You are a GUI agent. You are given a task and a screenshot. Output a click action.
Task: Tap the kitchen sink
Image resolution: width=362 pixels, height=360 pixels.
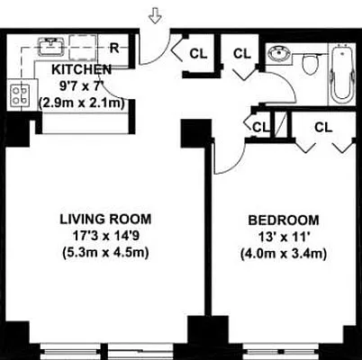(x=50, y=45)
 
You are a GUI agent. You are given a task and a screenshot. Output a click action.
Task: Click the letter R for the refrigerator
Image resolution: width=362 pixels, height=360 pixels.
(x=115, y=48)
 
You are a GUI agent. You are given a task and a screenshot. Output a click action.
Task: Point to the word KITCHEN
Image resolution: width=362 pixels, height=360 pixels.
(x=81, y=69)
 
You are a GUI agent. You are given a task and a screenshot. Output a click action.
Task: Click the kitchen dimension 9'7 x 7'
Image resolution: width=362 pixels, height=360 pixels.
(x=81, y=85)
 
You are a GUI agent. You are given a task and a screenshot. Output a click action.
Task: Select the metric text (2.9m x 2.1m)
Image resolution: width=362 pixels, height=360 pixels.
(x=81, y=103)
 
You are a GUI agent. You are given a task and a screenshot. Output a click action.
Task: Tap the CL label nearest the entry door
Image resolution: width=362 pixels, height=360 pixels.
(x=198, y=53)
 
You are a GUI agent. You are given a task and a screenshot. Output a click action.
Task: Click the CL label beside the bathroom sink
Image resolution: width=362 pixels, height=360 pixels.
(x=241, y=53)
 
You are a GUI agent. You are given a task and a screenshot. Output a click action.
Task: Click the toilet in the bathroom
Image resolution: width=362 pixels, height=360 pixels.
(x=311, y=64)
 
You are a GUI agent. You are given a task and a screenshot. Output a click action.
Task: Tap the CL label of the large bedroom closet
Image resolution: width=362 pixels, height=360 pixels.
(x=322, y=127)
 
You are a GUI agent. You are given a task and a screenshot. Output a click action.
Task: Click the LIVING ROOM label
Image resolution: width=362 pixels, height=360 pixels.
(x=105, y=218)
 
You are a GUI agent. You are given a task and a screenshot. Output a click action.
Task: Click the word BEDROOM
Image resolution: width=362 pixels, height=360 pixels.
(x=283, y=220)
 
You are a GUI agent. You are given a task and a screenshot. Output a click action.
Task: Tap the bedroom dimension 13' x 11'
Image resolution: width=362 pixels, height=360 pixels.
(x=283, y=236)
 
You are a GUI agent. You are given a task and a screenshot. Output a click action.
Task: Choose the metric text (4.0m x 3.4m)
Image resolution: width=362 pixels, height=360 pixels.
(x=283, y=253)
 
